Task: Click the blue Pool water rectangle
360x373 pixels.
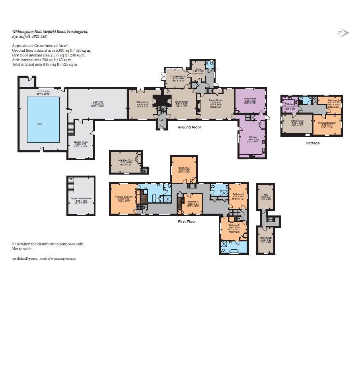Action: pos(43,119)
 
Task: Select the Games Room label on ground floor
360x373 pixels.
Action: pos(80,142)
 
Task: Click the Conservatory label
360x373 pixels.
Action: pos(178,76)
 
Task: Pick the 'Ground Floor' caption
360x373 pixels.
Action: pos(189,127)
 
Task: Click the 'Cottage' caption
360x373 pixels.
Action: pos(312,143)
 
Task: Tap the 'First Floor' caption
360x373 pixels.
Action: pos(187,221)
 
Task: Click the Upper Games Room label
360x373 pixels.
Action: pos(81,198)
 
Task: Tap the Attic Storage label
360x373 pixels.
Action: pos(266,238)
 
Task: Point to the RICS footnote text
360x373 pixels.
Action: pos(44,258)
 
